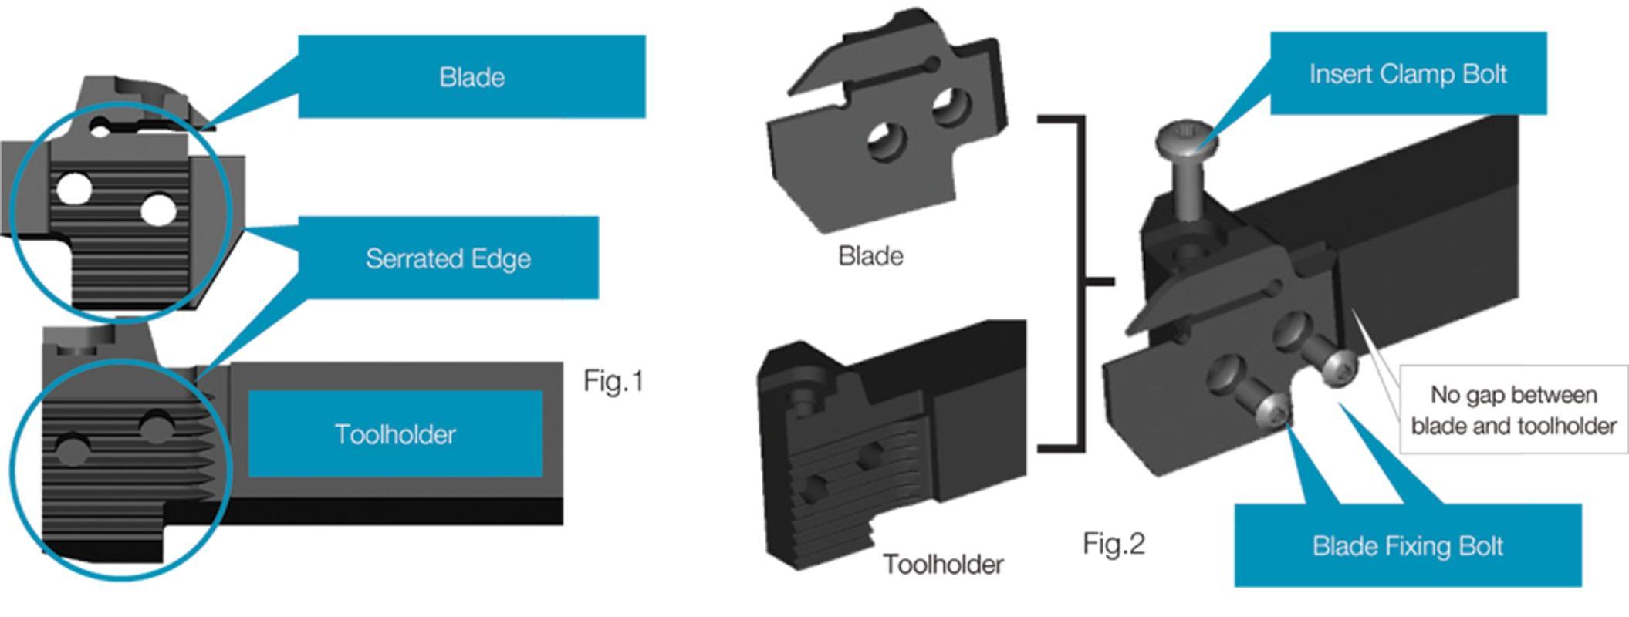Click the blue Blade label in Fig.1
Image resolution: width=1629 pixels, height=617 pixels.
coord(471,77)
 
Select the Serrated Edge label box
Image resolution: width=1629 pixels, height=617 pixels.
coord(448,258)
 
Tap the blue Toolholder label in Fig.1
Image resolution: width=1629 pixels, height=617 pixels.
coord(395,434)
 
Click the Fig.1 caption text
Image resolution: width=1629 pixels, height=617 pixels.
coord(613,381)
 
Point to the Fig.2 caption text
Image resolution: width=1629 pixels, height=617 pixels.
coord(1114,544)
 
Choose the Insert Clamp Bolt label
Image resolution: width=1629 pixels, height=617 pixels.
coord(1408,74)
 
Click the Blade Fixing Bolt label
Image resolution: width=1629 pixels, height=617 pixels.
coord(1408,546)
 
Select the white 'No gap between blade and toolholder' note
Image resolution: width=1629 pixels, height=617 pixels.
coord(1513,410)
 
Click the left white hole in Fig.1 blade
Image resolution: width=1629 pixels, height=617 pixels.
coord(74,188)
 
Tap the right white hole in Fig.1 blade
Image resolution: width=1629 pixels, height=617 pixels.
coord(158,210)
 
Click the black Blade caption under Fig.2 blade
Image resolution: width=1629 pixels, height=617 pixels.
coord(870,256)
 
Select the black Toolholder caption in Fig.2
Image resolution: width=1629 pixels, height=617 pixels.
coord(943,565)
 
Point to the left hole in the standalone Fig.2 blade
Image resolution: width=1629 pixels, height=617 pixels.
coord(886,143)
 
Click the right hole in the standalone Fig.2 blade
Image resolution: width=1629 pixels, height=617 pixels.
coord(951,106)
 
